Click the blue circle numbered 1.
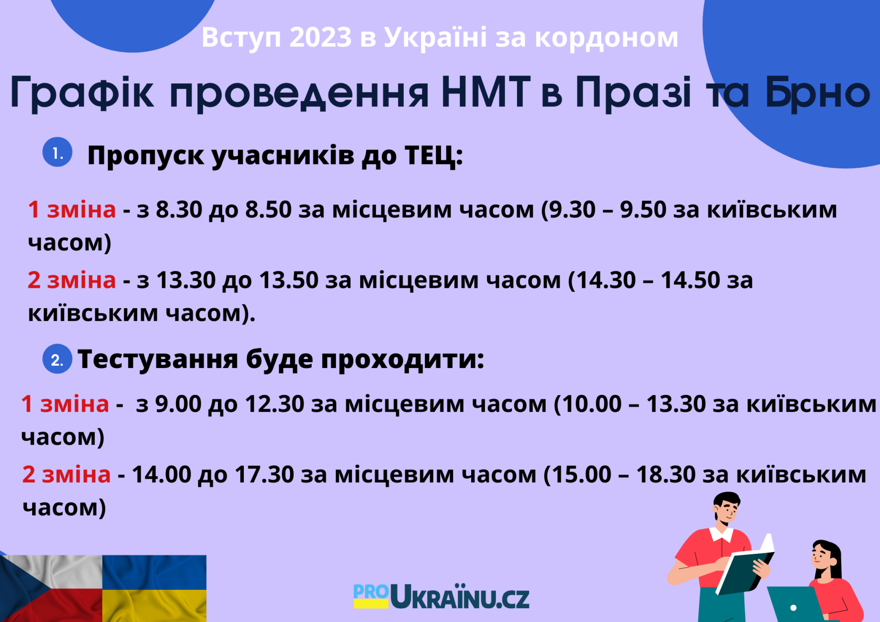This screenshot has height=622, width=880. pos(57,152)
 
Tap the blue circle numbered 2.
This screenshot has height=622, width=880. pos(57,359)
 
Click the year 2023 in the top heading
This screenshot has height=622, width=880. pos(320,37)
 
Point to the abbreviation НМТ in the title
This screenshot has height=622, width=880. pos(486,92)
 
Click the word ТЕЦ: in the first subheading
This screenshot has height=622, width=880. pos(434,155)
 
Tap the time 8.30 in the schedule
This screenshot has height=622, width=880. pos(179,209)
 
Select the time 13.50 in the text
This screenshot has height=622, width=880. pos(289,280)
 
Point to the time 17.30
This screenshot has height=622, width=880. pos(264,474)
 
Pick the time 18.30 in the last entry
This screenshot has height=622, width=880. pos(666,474)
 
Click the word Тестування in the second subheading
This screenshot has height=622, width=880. pos(158,359)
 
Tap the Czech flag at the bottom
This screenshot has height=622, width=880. pos(51,589)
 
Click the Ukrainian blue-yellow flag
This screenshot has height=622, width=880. pos(154,589)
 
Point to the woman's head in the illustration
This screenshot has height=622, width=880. pos(825,556)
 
